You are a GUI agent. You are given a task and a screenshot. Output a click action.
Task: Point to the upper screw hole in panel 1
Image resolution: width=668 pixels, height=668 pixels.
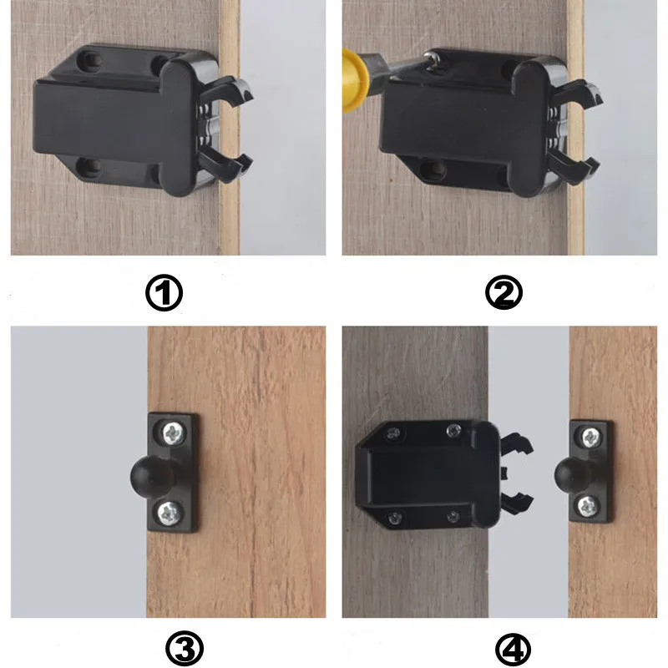tap(89, 61)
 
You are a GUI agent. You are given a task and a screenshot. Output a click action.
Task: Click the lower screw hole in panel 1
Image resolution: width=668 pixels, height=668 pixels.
tap(90, 168)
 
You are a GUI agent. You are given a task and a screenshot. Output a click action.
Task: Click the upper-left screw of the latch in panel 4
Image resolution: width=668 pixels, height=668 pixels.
tap(393, 433)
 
